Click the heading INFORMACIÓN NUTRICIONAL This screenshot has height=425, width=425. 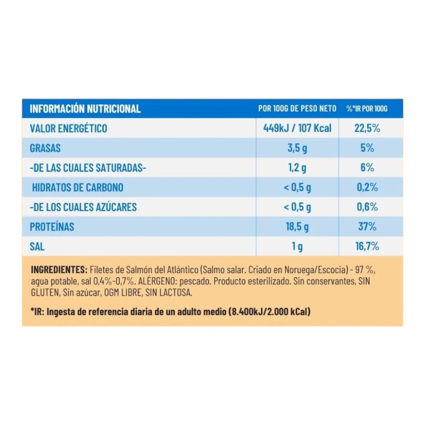[85, 109]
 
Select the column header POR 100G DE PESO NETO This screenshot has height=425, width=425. [297, 109]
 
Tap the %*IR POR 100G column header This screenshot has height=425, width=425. [367, 109]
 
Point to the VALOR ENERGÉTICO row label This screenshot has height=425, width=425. [68, 128]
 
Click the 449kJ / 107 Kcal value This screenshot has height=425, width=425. [297, 128]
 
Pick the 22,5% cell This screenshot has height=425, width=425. [367, 128]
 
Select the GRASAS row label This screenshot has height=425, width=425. [45, 148]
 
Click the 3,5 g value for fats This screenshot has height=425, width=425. [297, 148]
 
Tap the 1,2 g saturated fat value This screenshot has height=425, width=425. [297, 168]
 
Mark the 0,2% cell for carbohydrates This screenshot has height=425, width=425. [367, 187]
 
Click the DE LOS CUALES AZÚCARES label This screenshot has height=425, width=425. [83, 207]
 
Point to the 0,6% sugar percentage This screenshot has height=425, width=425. [367, 207]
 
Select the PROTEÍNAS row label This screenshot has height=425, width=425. [52, 227]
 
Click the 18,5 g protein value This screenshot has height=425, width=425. [297, 227]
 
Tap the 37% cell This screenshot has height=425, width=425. [367, 227]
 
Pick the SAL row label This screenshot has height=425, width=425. [37, 246]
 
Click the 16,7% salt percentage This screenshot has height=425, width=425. [367, 246]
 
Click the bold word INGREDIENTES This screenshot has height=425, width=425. [59, 270]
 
